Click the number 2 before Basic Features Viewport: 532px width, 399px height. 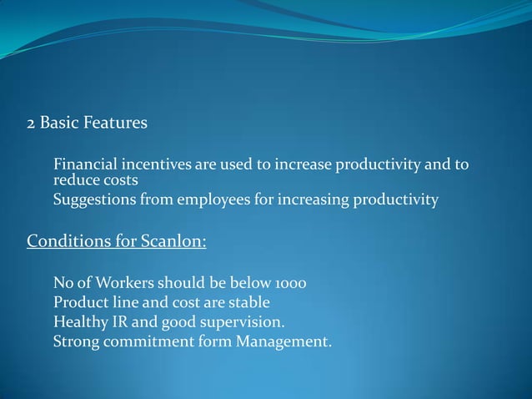click(x=31, y=124)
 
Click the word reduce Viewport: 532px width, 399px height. click(x=73, y=179)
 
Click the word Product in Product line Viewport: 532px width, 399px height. click(x=79, y=302)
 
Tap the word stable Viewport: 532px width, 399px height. click(x=248, y=302)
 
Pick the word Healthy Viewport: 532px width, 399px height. click(x=78, y=321)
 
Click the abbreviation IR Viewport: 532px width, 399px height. click(x=118, y=321)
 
